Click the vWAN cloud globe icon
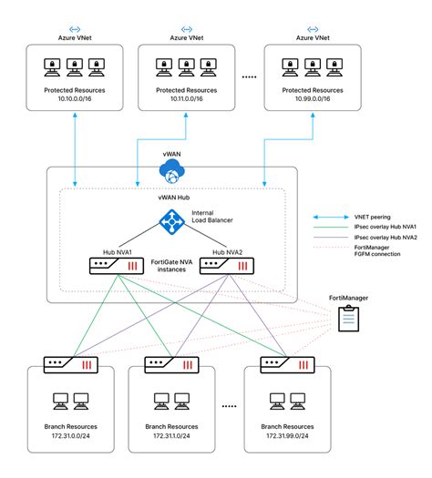click(x=170, y=170)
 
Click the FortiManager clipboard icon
click(x=348, y=318)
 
